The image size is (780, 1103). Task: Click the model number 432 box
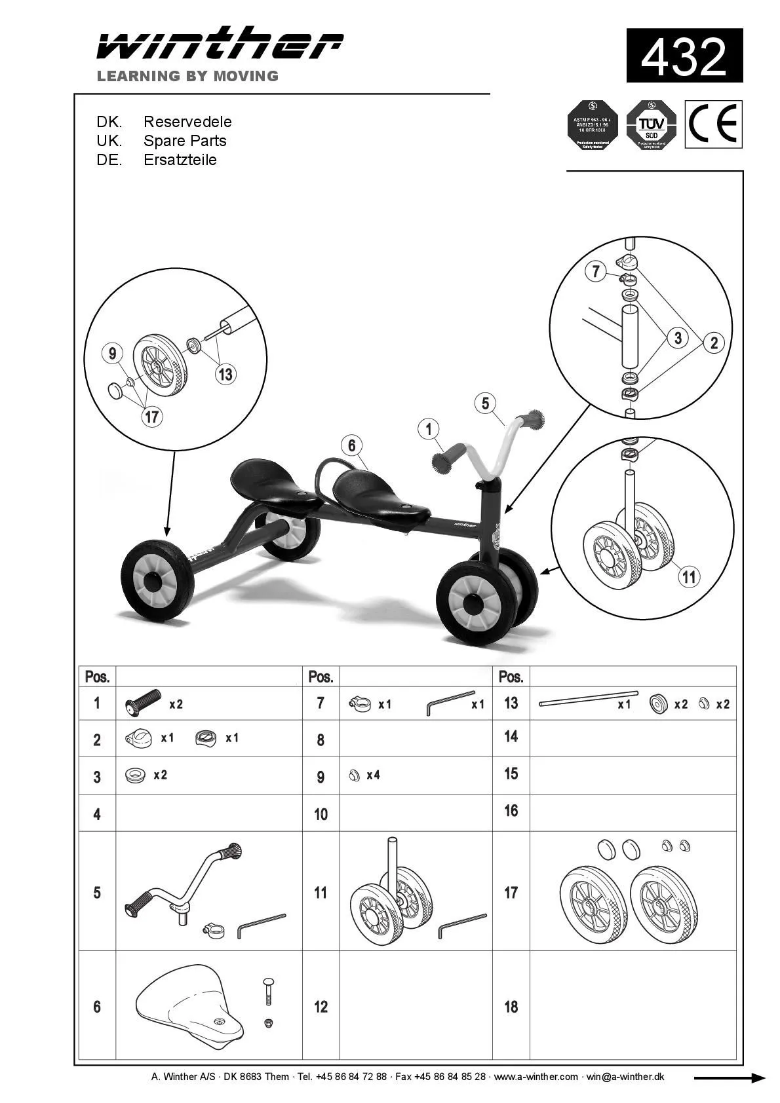684,56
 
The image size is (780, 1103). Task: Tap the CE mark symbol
713,124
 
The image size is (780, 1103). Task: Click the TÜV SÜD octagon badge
651,124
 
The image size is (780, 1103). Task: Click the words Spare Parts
185,141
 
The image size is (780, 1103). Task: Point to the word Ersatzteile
180,160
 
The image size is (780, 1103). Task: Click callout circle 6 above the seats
352,446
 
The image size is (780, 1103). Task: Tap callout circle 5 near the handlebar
485,403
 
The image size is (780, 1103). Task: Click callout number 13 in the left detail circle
225,374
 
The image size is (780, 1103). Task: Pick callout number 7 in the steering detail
595,271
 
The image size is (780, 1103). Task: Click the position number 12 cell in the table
321,1007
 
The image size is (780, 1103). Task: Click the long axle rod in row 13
587,698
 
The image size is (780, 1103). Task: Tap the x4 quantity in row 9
373,776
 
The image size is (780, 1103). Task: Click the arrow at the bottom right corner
729,1078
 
